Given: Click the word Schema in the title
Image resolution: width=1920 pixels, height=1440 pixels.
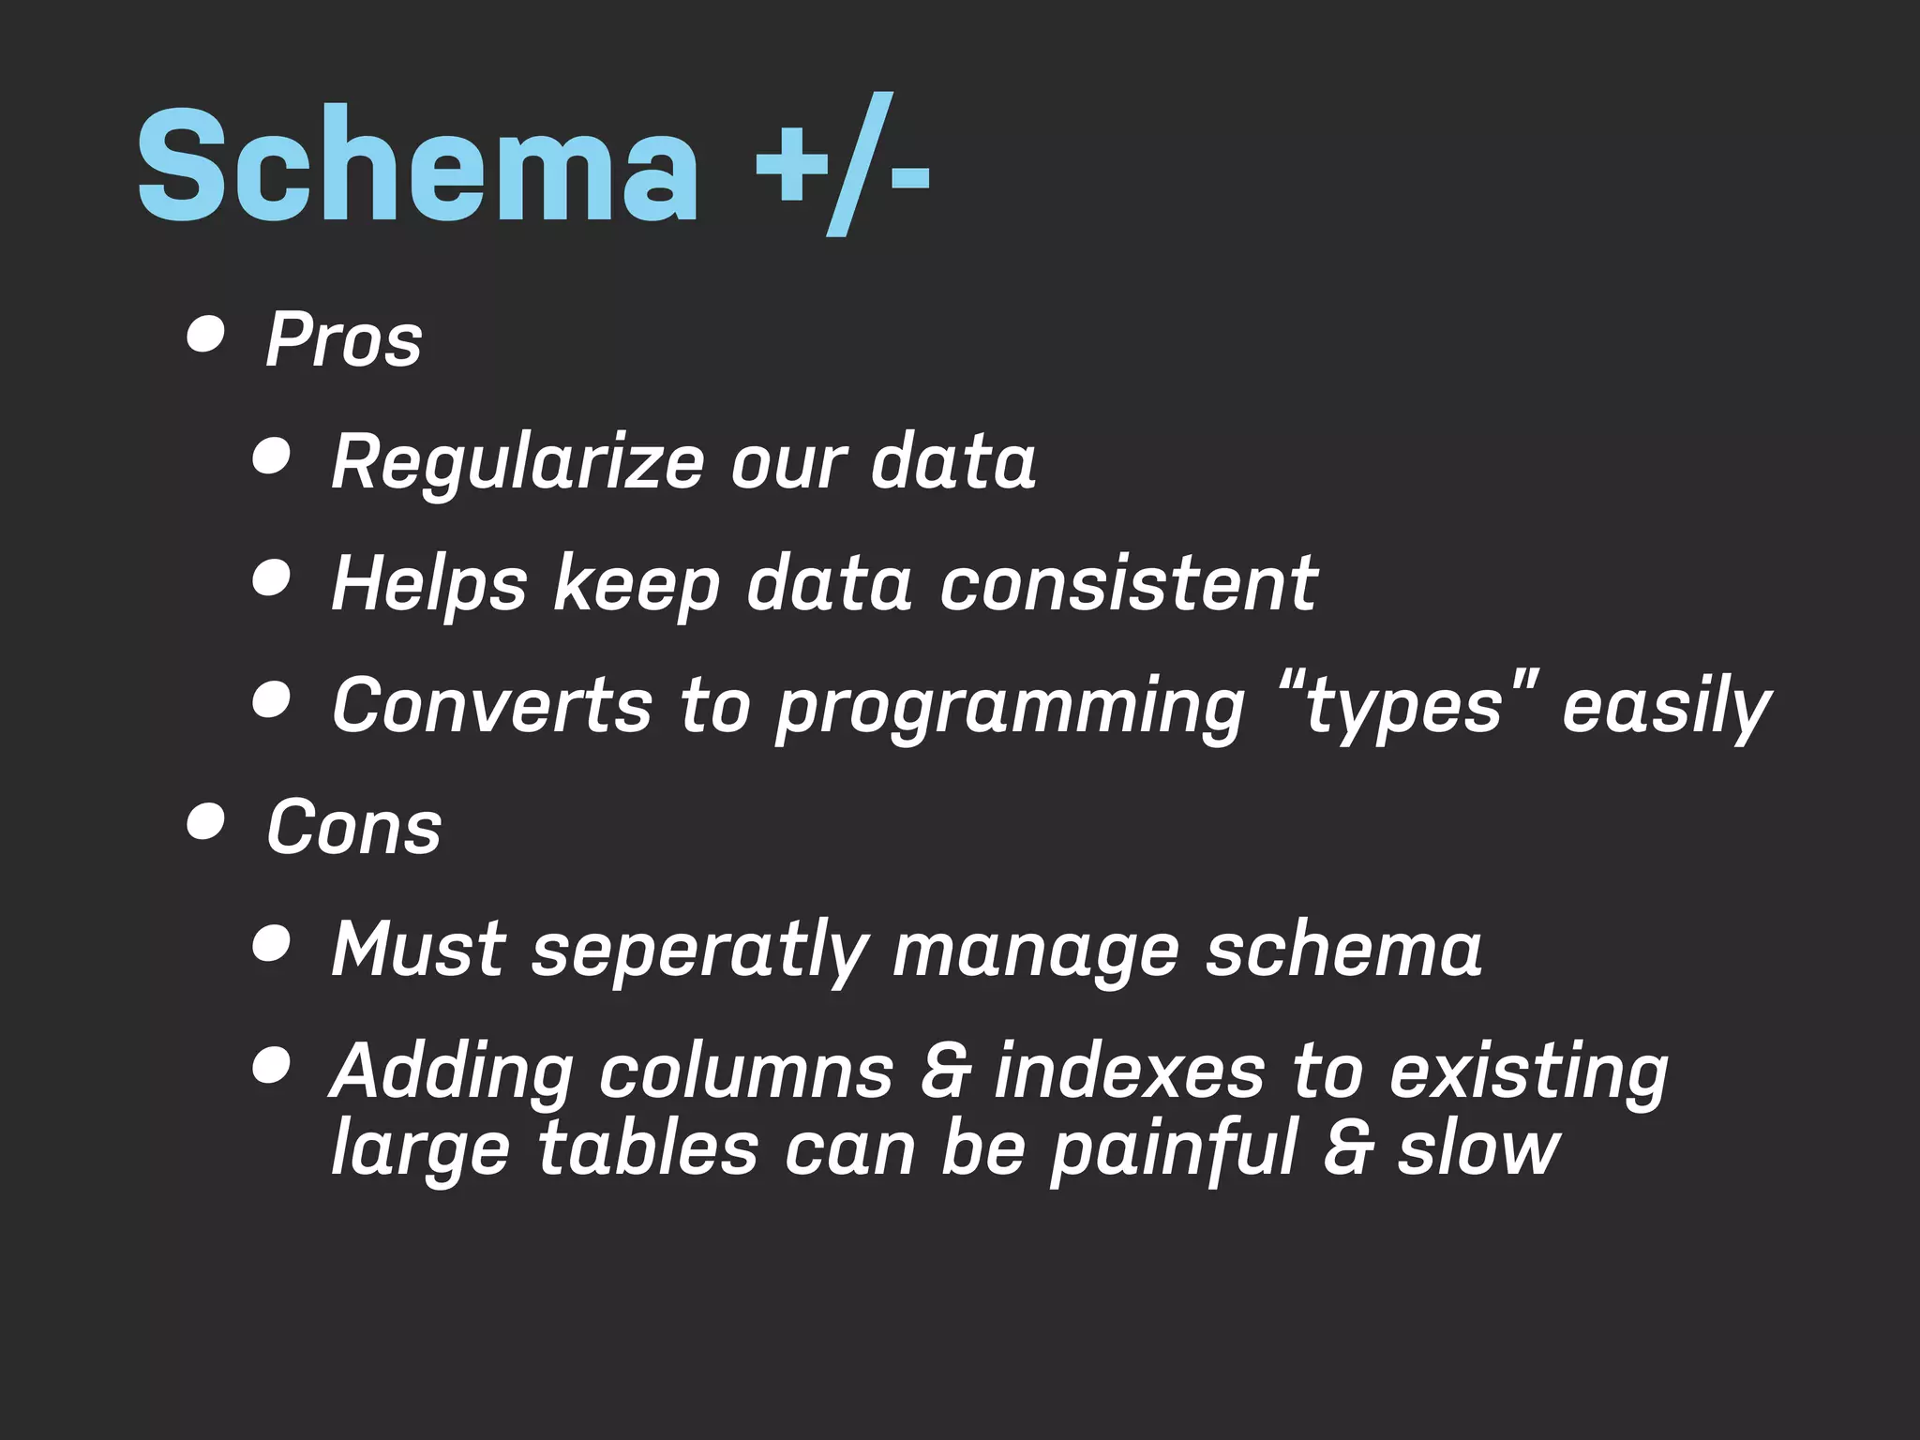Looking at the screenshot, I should pos(418,167).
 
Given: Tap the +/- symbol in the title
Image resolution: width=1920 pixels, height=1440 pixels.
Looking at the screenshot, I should pos(841,167).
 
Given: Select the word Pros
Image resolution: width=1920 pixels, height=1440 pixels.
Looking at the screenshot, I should pos(344,339).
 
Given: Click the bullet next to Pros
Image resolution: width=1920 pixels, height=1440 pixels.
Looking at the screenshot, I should pos(205,336).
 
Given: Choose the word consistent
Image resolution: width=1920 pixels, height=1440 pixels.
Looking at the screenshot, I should pos(1129,584).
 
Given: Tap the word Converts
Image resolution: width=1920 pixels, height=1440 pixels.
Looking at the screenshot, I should pos(492,705).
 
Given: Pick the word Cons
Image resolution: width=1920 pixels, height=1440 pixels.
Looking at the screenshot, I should pos(353,828).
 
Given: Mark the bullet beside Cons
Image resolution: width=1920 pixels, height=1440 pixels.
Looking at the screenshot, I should pos(205,823).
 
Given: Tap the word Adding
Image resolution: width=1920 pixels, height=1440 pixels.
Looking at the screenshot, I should pos(453,1072).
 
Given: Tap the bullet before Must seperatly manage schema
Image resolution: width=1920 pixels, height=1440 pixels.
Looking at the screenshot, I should pos(271,943).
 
